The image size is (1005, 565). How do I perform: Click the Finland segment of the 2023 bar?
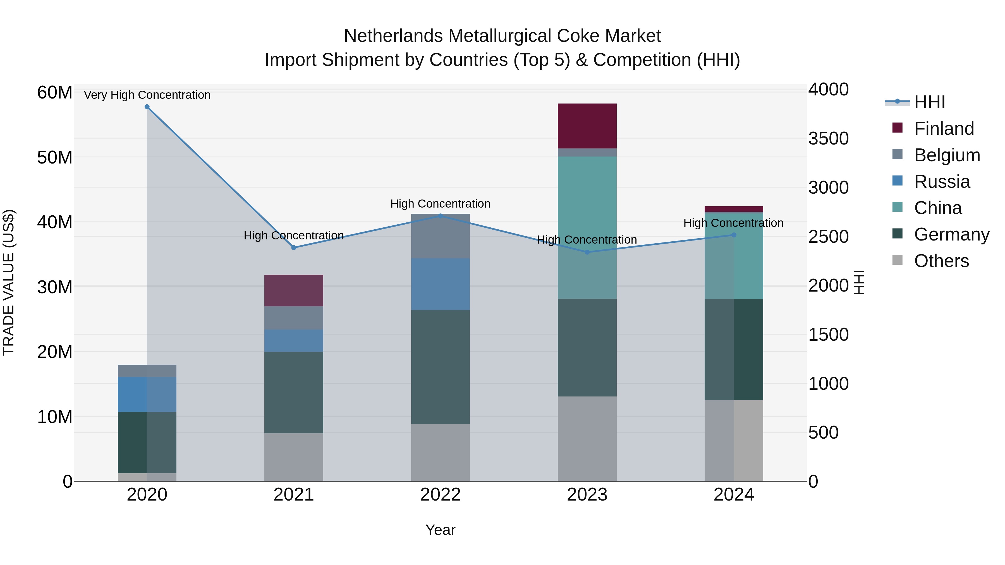587,126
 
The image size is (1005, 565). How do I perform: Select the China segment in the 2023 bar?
587,227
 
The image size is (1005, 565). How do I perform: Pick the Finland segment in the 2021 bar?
293,290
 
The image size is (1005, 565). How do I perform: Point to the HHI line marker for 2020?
147,107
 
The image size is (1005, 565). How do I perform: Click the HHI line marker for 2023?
587,252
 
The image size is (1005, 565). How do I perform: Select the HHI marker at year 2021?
294,247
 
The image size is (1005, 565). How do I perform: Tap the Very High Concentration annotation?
147,95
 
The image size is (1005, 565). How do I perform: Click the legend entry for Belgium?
947,155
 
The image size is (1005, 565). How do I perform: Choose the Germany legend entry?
952,234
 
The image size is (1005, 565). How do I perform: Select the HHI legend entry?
929,102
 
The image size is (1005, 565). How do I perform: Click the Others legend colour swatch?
897,260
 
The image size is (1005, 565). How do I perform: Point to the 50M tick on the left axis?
55,158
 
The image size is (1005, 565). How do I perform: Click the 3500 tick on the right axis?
828,138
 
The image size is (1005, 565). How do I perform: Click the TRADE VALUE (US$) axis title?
9,282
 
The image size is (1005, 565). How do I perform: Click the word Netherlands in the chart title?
394,36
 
